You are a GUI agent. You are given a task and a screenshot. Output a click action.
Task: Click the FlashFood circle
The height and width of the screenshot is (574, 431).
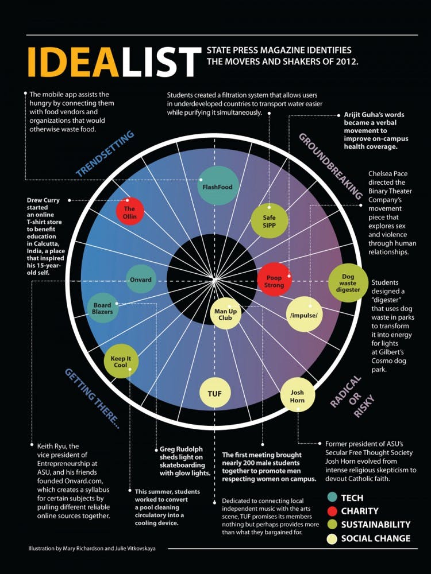point(217,186)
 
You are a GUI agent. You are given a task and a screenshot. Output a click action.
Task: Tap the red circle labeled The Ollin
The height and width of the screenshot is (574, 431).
point(129,212)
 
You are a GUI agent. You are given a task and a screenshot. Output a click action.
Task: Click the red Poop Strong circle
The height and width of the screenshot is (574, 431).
point(274,281)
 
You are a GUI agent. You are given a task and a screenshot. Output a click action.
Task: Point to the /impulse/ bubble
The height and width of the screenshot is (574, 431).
point(305,314)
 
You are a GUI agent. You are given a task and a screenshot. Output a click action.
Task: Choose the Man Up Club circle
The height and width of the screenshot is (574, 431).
point(226,314)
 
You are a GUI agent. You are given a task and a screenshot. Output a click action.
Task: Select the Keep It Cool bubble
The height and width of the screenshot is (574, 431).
point(121,362)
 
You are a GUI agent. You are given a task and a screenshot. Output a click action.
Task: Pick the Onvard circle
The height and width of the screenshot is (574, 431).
point(140,280)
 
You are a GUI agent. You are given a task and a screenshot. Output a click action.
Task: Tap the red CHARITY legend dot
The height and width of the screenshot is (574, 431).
point(332,510)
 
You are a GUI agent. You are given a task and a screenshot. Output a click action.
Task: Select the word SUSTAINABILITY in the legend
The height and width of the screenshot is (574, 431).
point(376,524)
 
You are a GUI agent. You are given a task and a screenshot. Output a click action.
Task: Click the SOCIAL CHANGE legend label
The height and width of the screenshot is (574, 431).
point(375,538)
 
